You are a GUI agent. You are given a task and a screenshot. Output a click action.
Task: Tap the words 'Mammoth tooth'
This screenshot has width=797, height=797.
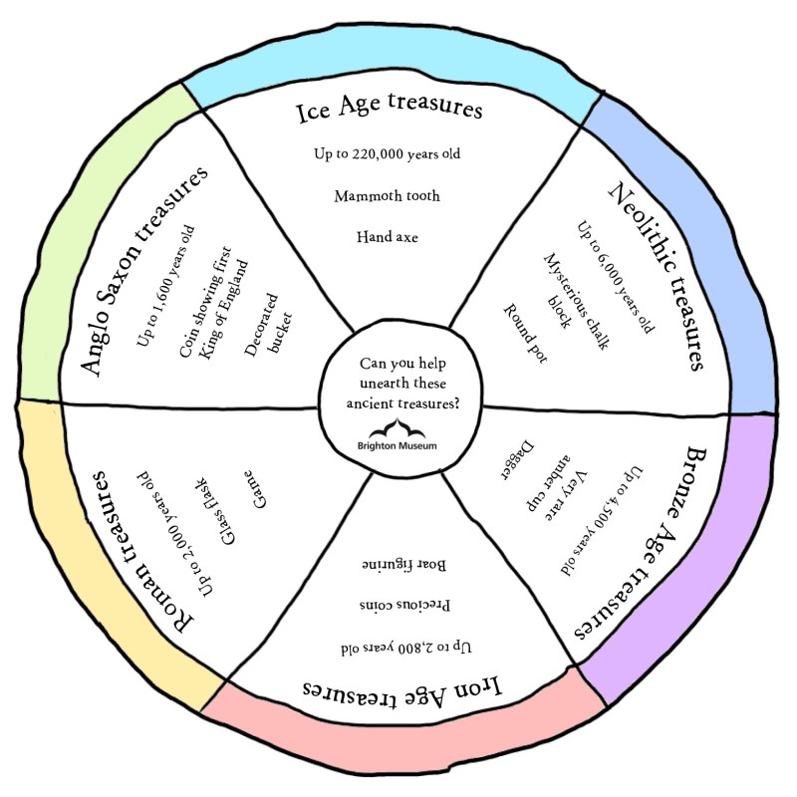pyautogui.click(x=388, y=196)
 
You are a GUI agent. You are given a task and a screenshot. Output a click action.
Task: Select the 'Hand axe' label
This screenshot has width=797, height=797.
pyautogui.click(x=388, y=237)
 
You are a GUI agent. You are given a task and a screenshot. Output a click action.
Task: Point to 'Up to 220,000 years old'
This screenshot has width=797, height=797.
pyautogui.click(x=388, y=154)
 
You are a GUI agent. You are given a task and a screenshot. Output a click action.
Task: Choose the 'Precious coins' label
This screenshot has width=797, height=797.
pyautogui.click(x=403, y=605)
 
